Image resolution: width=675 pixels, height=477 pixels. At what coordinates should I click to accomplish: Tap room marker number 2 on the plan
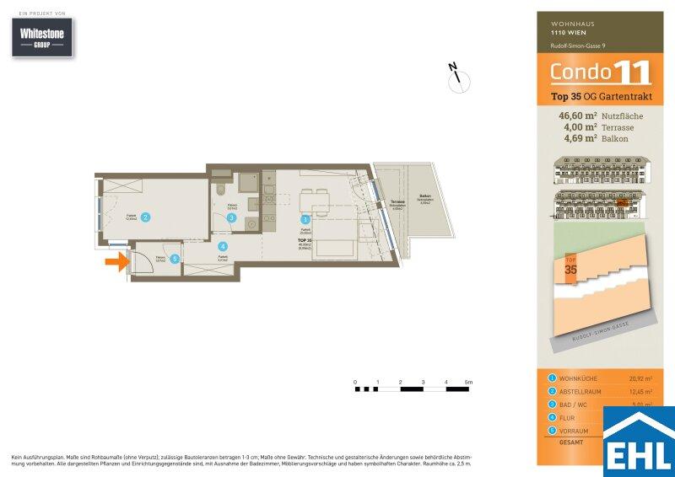click(x=145, y=217)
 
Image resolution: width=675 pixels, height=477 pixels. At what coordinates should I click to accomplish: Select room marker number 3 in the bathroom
click(x=232, y=217)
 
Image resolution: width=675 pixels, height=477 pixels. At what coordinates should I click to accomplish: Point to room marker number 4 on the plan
click(x=223, y=247)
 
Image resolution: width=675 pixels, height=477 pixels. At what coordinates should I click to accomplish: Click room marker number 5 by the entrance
click(x=175, y=259)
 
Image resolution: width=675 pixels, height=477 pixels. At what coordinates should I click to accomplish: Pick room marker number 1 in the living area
click(x=305, y=219)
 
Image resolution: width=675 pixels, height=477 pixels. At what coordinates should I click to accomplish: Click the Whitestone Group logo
click(x=47, y=38)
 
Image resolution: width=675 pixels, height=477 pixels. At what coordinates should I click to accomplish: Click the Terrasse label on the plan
click(x=397, y=202)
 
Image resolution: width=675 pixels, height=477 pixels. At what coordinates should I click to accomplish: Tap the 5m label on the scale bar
click(x=468, y=382)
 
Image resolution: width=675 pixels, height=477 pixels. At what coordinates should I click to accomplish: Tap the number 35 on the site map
click(x=570, y=270)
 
